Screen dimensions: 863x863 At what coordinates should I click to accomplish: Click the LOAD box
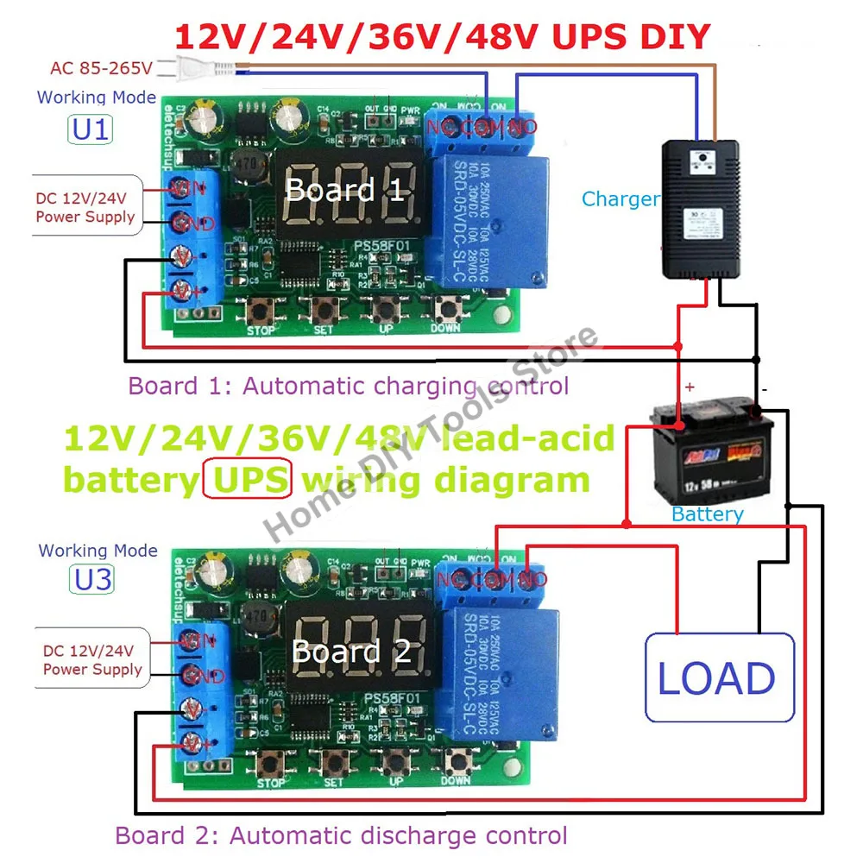719,677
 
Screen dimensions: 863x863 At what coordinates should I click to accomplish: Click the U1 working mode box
91,129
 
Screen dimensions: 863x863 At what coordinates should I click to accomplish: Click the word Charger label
620,199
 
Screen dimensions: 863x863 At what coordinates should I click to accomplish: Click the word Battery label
707,514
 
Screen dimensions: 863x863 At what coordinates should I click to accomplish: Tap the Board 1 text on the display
344,190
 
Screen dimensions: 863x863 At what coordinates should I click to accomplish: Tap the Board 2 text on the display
351,651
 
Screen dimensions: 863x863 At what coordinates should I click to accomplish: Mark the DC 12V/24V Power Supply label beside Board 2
92,660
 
